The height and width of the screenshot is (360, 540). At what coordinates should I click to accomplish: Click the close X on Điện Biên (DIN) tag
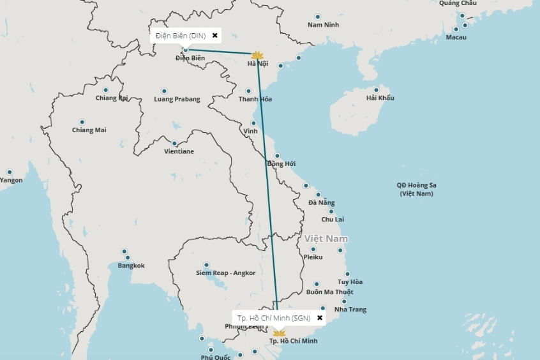click(215, 36)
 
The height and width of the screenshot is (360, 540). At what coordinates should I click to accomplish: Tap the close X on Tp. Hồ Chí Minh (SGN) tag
click(320, 317)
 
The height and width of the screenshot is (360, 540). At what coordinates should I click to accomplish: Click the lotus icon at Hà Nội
click(257, 56)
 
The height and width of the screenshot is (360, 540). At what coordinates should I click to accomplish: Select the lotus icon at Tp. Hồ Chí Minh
click(279, 333)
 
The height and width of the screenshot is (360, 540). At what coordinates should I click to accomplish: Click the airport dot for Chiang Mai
click(82, 122)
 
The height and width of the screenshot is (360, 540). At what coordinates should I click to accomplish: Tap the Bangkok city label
click(131, 266)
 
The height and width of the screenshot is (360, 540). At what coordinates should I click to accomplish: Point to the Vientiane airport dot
click(174, 144)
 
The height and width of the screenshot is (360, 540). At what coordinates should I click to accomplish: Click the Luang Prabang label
click(177, 99)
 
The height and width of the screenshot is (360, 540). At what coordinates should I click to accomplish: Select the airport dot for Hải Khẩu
click(377, 90)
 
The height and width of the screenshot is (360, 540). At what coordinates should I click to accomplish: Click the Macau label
click(456, 37)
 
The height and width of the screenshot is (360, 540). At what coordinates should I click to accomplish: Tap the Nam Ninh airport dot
click(318, 17)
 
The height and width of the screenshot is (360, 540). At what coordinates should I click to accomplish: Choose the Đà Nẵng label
click(321, 202)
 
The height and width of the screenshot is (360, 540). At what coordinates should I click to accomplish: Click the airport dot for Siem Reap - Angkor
click(206, 265)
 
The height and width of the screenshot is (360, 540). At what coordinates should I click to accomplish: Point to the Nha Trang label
click(350, 310)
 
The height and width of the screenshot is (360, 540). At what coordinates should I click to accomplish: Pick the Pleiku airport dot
click(313, 249)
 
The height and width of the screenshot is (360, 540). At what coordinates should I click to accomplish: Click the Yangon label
click(11, 180)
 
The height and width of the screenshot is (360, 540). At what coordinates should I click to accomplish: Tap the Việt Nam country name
click(326, 238)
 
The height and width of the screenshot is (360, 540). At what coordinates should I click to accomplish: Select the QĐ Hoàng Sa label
click(416, 185)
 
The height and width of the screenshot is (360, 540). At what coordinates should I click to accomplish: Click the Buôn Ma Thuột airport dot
click(317, 284)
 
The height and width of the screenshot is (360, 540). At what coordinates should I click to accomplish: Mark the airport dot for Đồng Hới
click(277, 156)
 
